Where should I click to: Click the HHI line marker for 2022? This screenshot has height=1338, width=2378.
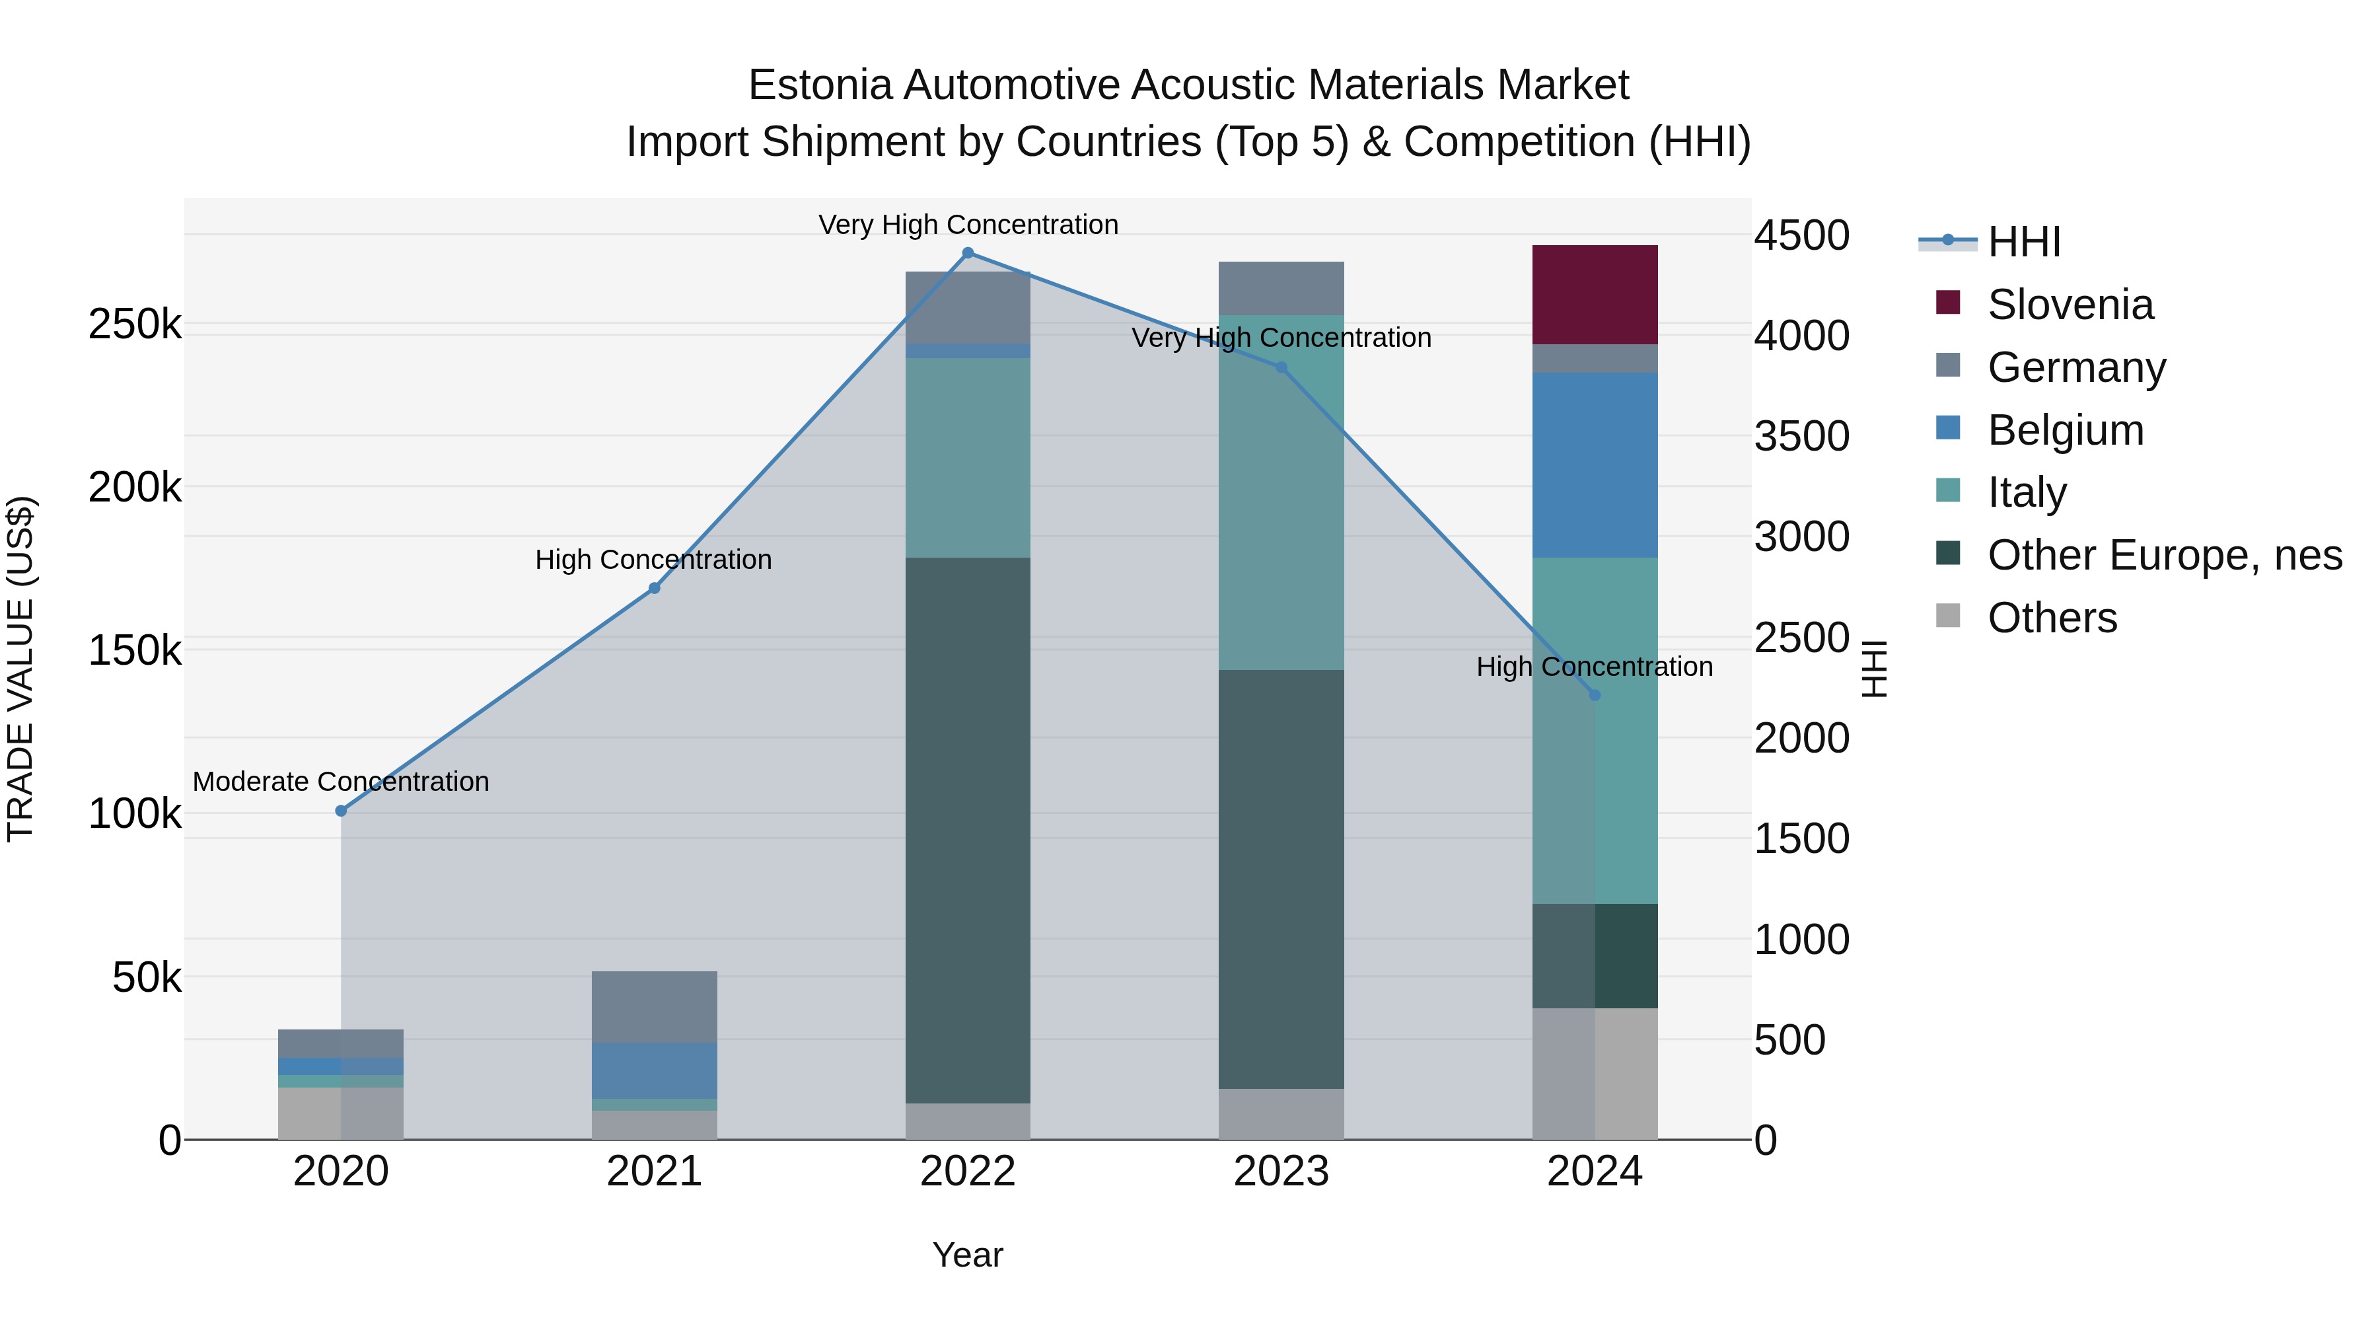pos(968,253)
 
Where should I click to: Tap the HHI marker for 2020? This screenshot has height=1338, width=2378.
pos(341,811)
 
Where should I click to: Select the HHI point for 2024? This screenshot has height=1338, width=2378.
pos(1595,695)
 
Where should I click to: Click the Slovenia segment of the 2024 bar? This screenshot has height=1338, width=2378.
pos(1595,295)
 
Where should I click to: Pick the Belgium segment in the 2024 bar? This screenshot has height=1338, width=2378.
pos(1595,465)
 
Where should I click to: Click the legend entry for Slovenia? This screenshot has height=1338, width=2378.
pos(2070,305)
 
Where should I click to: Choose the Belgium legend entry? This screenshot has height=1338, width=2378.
pos(2065,430)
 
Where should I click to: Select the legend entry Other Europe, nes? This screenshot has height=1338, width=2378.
pos(2164,555)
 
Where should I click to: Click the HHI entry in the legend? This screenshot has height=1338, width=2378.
pos(2023,242)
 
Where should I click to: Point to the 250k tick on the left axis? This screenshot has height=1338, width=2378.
pos(135,325)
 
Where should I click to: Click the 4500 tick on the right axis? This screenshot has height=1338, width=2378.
pos(1801,235)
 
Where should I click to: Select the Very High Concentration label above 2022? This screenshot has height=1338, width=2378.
pos(968,225)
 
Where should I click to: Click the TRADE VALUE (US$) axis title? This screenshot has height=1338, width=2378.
pos(20,669)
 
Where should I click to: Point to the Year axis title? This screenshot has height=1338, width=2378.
pos(968,1255)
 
